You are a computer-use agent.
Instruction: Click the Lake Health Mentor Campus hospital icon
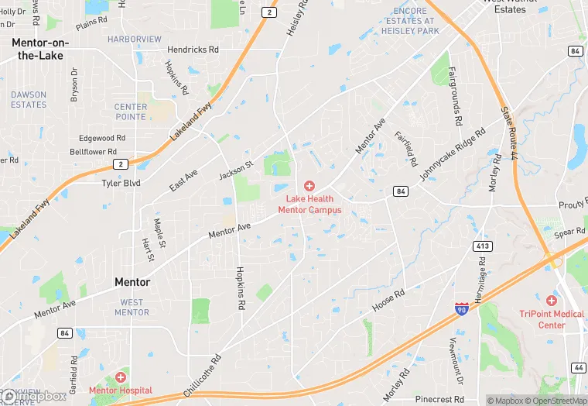(309, 186)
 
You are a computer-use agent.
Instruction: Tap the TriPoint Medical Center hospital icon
(552, 300)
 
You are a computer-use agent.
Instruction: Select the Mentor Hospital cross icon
(121, 377)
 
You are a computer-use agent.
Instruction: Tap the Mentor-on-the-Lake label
(39, 50)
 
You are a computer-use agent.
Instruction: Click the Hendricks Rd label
(193, 49)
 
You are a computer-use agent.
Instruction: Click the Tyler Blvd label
(121, 184)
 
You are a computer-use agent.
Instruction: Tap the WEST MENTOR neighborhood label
(132, 308)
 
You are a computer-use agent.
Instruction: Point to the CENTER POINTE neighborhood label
(130, 112)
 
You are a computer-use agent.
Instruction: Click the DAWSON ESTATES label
(29, 99)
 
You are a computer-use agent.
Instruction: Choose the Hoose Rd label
(388, 300)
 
